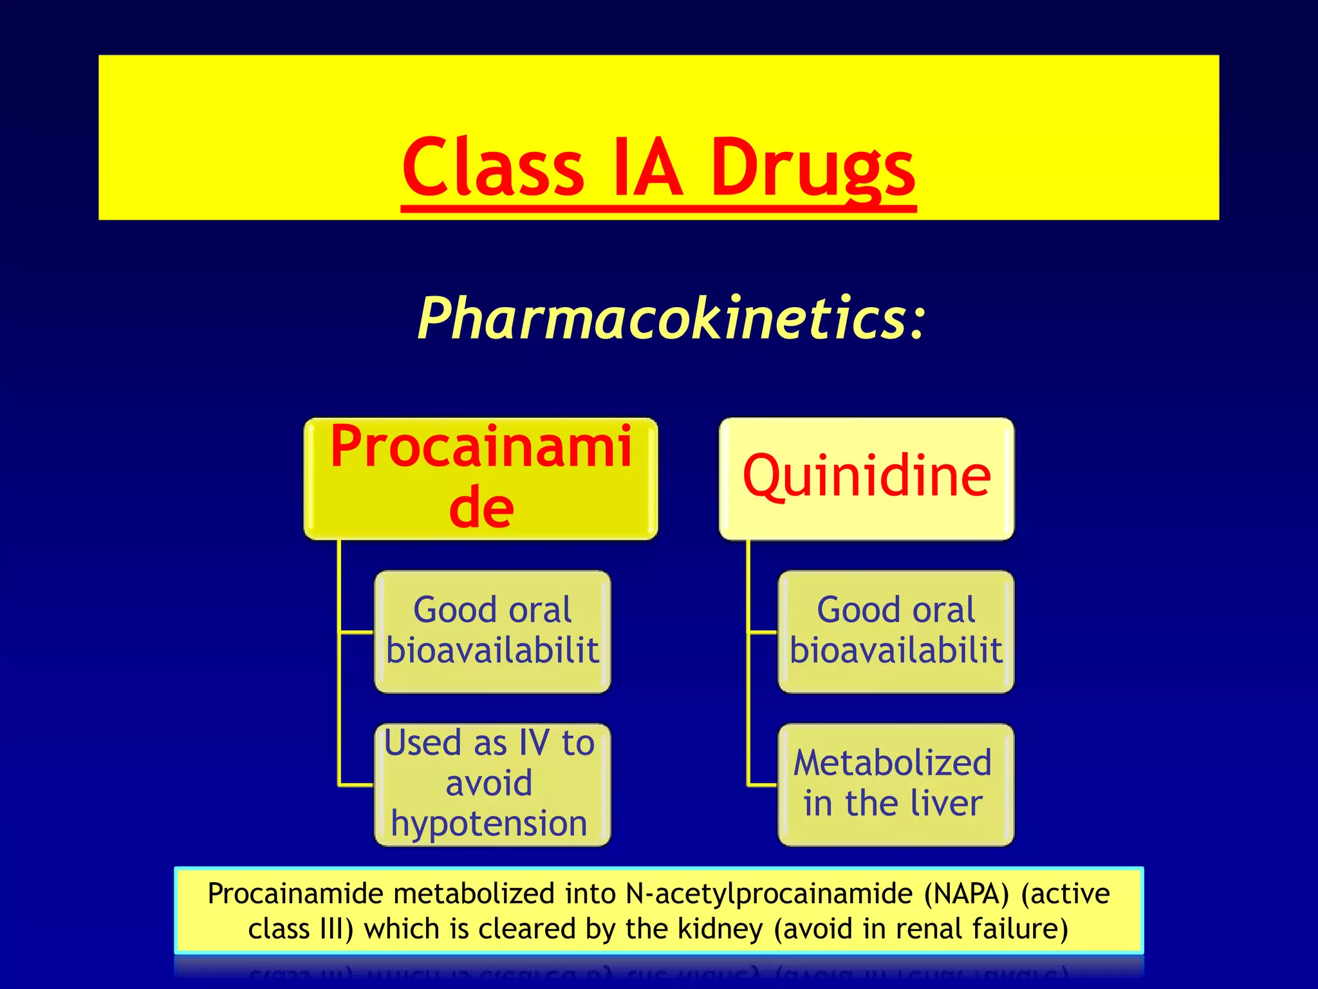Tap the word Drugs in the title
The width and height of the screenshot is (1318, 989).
click(812, 169)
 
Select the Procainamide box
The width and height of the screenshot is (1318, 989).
click(481, 478)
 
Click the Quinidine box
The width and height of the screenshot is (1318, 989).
click(866, 478)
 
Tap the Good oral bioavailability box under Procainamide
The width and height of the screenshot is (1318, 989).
click(492, 631)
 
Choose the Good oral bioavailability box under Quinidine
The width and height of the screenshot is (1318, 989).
click(896, 631)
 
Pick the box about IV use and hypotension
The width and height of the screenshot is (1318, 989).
click(492, 784)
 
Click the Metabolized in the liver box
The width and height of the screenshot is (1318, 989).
click(896, 784)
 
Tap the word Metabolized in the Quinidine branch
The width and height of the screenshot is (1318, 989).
click(893, 763)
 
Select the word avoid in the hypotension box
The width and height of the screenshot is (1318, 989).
click(489, 784)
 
